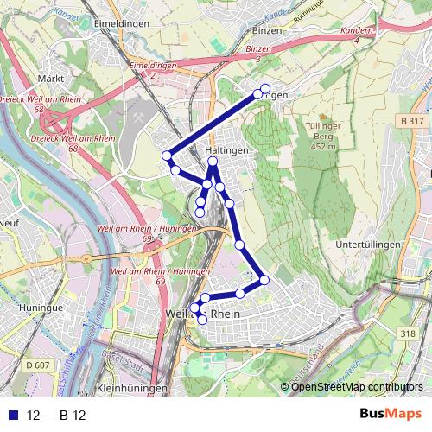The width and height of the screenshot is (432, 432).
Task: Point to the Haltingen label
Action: click(227, 150)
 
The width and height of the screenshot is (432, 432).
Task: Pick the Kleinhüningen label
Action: click(132, 389)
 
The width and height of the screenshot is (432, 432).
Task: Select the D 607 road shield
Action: click(38, 365)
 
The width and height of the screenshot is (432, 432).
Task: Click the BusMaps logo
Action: click(391, 414)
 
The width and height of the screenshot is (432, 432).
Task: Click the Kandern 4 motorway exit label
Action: click(357, 35)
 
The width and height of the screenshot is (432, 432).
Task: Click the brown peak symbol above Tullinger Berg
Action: click(323, 116)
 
